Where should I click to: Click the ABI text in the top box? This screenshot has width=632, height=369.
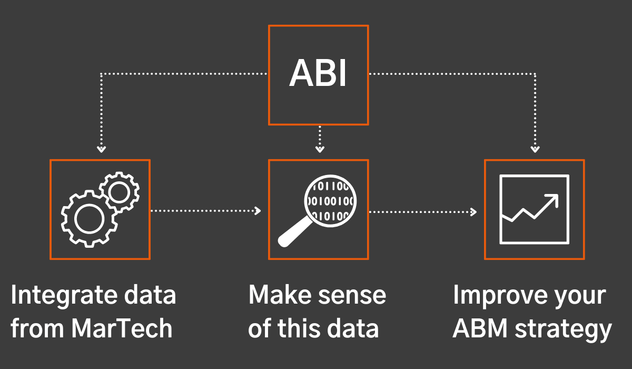pos(318,73)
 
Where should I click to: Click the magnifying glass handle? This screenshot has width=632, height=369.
pos(295,232)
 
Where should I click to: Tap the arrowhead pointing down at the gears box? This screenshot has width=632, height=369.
pos(101,149)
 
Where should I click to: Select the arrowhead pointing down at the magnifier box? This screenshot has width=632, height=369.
pos(320,149)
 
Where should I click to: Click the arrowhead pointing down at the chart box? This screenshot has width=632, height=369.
pos(535,149)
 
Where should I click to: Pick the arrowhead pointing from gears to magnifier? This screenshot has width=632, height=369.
pos(258,211)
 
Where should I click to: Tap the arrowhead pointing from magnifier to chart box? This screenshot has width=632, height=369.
pos(473,212)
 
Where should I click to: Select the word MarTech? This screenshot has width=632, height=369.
pos(121,328)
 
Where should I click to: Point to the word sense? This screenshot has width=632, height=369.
pos(352,297)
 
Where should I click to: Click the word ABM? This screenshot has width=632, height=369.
pos(480,328)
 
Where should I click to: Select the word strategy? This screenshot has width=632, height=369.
pos(563,331)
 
